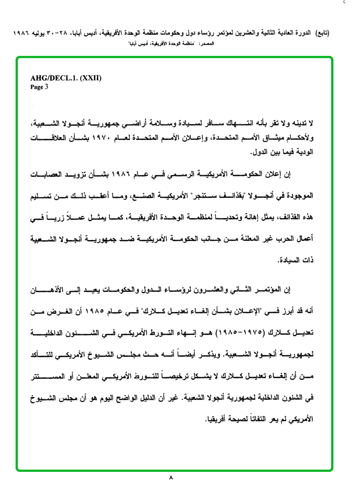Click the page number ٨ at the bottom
point(171,478)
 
